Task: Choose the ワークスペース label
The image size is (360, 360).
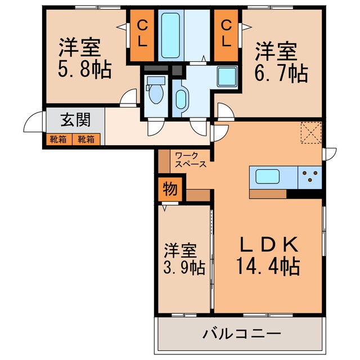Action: point(190,159)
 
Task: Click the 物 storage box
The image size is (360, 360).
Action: point(168,188)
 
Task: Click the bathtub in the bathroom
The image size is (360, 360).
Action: point(170,35)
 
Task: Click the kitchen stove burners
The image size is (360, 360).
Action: point(309,177)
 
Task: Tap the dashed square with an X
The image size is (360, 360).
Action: point(309,133)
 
